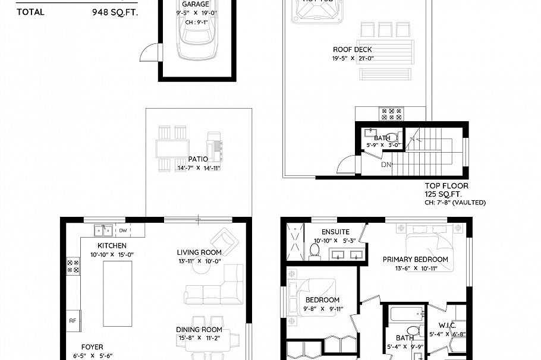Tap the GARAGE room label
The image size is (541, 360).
click(x=195, y=4)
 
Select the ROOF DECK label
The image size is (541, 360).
click(x=353, y=50)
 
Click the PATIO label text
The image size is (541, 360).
click(x=198, y=159)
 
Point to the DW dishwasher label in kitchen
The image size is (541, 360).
click(x=123, y=230)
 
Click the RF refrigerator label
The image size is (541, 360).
click(x=73, y=320)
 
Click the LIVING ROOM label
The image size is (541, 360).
click(x=199, y=252)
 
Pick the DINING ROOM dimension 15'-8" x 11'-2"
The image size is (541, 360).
click(x=199, y=339)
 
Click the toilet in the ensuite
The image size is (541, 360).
click(x=316, y=252)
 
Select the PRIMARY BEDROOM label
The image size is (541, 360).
click(x=415, y=260)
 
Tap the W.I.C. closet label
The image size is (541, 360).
click(x=447, y=325)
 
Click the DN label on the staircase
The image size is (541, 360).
click(x=386, y=165)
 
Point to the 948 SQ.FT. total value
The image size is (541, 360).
click(x=115, y=11)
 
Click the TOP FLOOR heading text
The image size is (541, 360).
click(x=446, y=186)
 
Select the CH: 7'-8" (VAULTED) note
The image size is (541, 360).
click(x=455, y=203)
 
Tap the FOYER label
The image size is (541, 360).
click(x=92, y=347)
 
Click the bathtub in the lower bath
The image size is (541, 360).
click(x=405, y=314)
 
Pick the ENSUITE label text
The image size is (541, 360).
click(x=335, y=232)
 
